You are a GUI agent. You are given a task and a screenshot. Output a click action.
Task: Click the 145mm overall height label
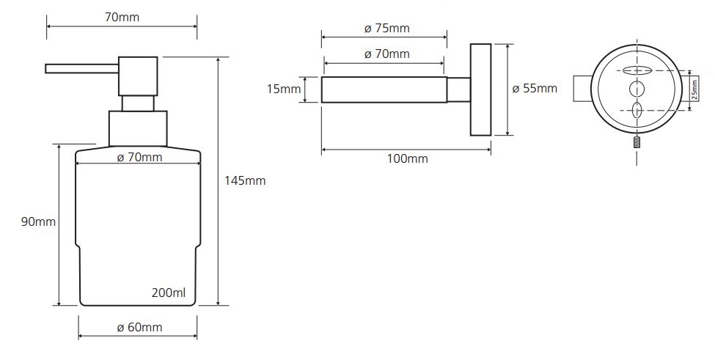[x=244, y=181]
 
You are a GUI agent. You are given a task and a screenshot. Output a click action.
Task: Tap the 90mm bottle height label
[x=38, y=222]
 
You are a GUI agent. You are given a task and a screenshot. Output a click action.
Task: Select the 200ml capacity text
[x=169, y=293]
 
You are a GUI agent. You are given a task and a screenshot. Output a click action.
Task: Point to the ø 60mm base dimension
[x=139, y=327]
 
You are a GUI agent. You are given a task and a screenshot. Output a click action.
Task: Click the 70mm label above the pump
[x=122, y=18]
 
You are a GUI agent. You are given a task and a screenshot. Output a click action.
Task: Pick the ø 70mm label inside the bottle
[x=139, y=158]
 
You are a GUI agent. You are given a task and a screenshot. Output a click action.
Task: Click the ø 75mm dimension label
[x=387, y=29]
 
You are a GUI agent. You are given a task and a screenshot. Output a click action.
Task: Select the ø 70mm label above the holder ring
[x=387, y=54]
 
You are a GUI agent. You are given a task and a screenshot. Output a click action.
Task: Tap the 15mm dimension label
[x=284, y=89]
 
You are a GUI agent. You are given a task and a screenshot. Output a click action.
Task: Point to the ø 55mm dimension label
[x=535, y=88]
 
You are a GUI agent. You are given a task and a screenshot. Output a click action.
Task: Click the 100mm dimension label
[x=408, y=158]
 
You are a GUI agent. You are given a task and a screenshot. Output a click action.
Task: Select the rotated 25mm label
[x=694, y=89]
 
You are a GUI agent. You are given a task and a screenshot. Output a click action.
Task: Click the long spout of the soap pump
[x=82, y=69]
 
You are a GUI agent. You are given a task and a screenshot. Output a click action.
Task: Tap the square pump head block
[x=138, y=76]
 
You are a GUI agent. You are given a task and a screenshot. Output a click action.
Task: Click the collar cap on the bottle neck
[x=138, y=128]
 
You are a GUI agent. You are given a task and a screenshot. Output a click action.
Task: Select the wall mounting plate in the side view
[x=480, y=89]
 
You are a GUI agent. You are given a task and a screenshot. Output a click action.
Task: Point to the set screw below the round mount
[x=637, y=142]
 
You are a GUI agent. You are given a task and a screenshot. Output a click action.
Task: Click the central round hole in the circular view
[x=637, y=89]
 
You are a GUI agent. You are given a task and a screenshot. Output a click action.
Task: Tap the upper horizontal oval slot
[x=637, y=70]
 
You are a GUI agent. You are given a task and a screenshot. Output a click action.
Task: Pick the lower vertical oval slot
[x=637, y=110]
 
